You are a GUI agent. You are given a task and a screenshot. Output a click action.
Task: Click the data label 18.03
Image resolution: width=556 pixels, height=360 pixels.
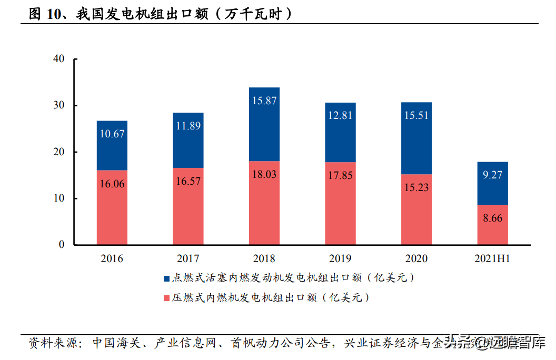point(264,175)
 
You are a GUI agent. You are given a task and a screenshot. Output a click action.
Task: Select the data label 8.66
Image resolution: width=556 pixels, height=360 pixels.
point(492,218)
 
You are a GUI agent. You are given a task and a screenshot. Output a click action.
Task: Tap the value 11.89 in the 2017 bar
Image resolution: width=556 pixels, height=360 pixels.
point(188,126)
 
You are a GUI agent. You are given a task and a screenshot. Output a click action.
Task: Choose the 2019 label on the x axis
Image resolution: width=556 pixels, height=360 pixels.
point(340,259)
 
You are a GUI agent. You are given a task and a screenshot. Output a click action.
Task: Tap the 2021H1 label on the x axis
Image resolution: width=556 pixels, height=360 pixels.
point(492,259)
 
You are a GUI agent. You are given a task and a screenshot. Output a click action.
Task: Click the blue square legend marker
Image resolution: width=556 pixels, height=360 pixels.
point(166,278)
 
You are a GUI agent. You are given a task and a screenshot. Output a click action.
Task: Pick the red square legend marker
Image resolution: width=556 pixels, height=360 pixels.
point(166,298)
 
